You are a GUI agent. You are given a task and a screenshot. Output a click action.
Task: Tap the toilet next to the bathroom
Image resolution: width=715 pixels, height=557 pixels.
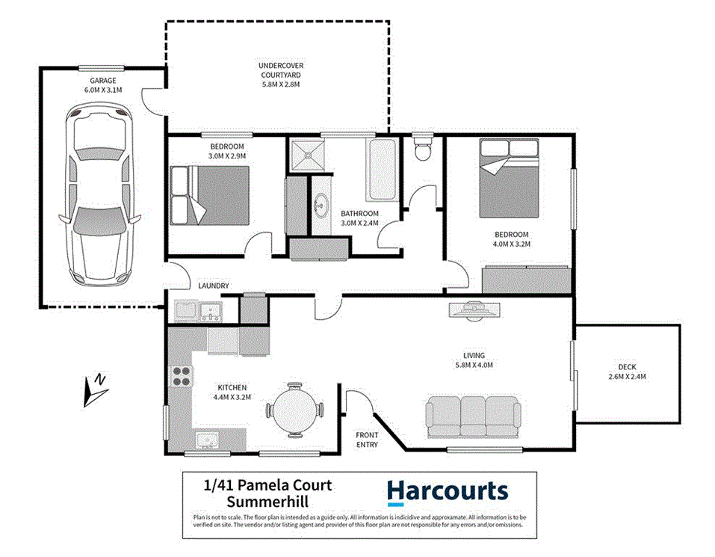(x=422, y=147)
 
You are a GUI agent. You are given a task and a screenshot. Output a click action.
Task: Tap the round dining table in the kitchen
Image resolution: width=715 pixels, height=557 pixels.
(x=296, y=410)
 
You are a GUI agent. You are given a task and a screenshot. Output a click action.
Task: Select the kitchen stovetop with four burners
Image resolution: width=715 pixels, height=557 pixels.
(x=181, y=376)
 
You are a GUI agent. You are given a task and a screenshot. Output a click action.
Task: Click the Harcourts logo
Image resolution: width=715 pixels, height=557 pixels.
(x=447, y=492)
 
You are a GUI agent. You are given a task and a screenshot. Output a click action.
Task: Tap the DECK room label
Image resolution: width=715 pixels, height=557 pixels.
(x=627, y=367)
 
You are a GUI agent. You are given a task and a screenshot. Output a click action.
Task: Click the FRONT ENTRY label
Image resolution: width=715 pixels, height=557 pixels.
(x=367, y=440)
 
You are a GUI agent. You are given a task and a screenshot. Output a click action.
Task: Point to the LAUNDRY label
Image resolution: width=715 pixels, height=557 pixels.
(x=213, y=286)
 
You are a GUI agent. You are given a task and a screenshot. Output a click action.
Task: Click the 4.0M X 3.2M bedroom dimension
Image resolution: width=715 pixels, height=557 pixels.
(x=511, y=244)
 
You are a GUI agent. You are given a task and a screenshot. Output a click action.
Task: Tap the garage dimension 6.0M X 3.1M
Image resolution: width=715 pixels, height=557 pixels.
(x=103, y=90)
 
